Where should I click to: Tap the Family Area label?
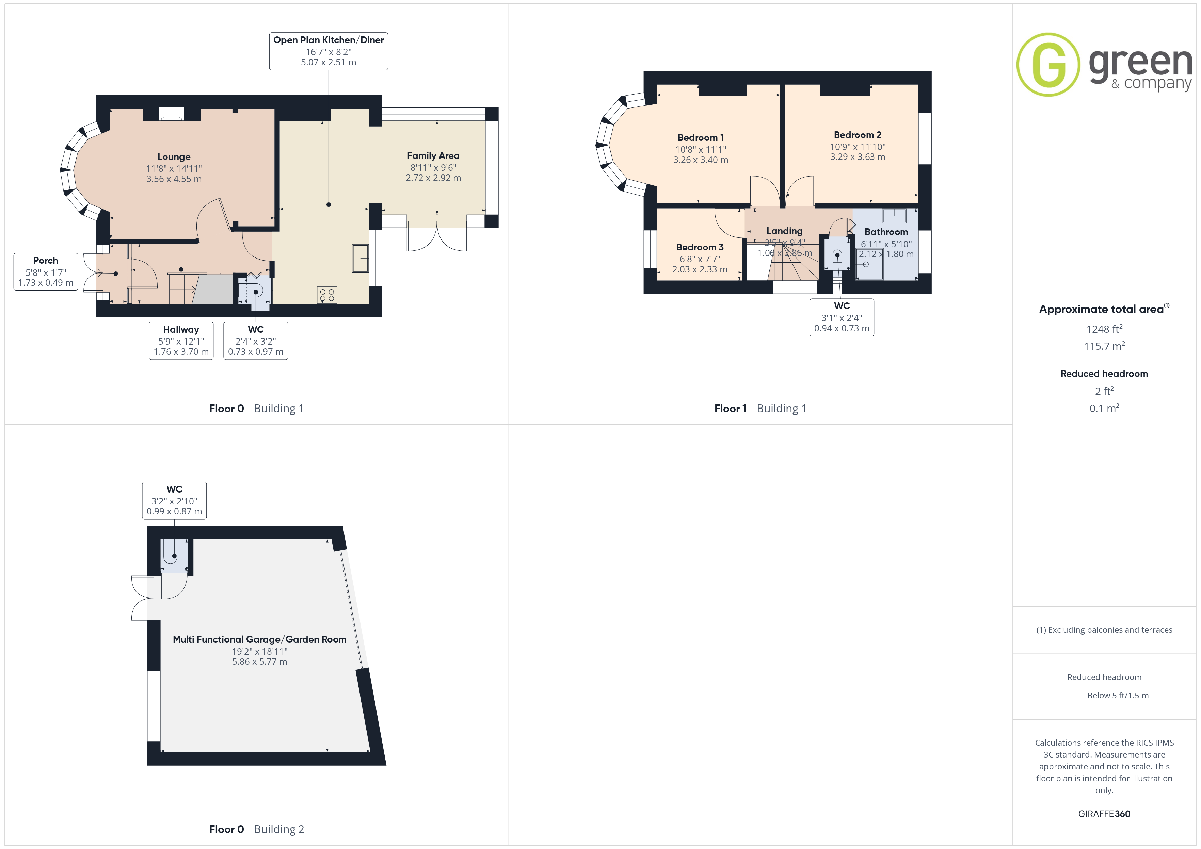tap(433, 156)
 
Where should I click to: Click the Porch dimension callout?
tap(46, 272)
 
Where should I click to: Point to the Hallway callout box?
tap(181, 340)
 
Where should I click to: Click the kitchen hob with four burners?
tap(327, 295)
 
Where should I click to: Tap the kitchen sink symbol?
tap(361, 258)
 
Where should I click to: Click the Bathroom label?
tap(886, 232)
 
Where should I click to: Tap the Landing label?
tap(784, 231)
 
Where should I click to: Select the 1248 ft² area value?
tap(1104, 329)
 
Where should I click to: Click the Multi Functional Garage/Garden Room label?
tap(259, 639)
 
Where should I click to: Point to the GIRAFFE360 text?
tap(1104, 814)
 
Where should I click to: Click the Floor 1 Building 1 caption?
tap(760, 409)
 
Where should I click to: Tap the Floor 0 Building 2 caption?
tap(256, 829)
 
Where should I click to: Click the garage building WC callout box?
tap(174, 500)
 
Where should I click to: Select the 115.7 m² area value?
tap(1104, 346)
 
